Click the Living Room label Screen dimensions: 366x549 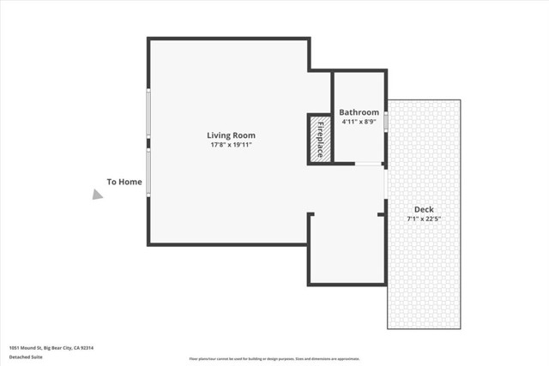[231, 135]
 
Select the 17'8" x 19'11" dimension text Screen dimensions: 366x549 [231, 145]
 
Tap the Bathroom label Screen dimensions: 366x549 [359, 112]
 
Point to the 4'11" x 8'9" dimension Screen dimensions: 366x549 [359, 122]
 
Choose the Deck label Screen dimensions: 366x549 [424, 209]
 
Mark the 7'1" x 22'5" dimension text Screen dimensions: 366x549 [424, 219]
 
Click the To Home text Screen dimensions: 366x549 [124, 182]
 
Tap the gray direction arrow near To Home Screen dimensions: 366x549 [98, 195]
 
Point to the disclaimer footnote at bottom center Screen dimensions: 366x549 [274, 359]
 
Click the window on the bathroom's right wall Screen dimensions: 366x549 [386, 122]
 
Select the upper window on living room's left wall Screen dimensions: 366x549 [148, 114]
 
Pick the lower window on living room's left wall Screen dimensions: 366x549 [148, 172]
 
